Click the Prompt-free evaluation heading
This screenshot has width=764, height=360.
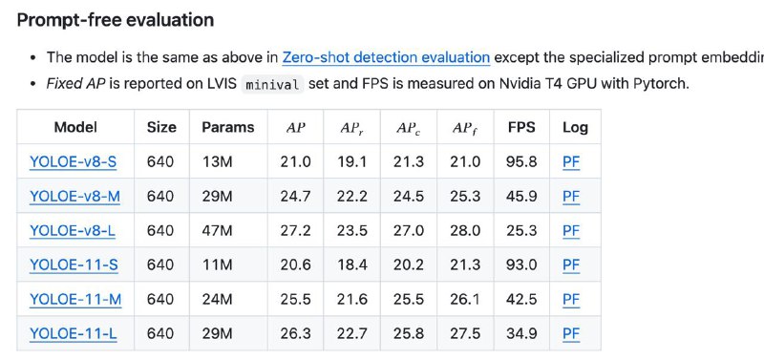click(x=116, y=20)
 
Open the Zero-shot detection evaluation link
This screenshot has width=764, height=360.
click(x=386, y=57)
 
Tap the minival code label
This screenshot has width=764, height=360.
click(x=272, y=84)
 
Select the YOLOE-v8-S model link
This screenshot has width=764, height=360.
click(x=74, y=161)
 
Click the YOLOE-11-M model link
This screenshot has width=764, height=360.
click(x=75, y=299)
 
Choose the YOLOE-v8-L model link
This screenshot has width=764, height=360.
click(x=73, y=230)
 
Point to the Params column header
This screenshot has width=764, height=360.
click(x=228, y=128)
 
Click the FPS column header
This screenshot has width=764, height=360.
click(x=521, y=128)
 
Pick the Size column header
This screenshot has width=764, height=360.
click(x=161, y=128)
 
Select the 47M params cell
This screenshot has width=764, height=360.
click(x=218, y=230)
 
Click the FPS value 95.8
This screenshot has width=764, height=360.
click(x=521, y=161)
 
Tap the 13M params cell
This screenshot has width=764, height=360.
click(x=218, y=161)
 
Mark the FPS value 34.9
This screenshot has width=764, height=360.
click(x=521, y=333)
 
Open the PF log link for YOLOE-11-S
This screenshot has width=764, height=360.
click(x=571, y=265)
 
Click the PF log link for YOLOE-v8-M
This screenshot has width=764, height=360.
click(x=571, y=197)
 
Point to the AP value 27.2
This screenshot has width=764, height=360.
click(x=295, y=230)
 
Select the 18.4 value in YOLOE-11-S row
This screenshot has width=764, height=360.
click(x=351, y=265)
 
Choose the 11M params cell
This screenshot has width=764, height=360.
click(x=217, y=265)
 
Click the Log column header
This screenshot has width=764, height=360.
click(x=575, y=128)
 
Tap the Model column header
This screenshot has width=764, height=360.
click(x=75, y=128)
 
